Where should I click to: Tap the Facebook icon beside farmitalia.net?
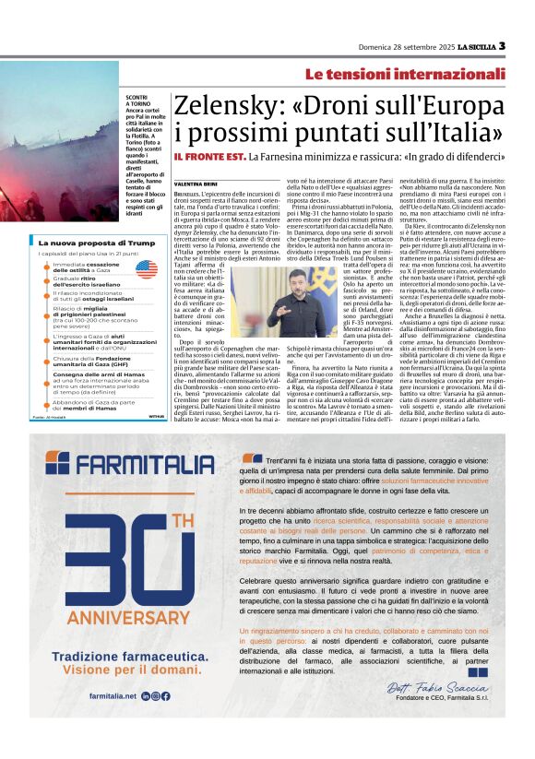[166, 696]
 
